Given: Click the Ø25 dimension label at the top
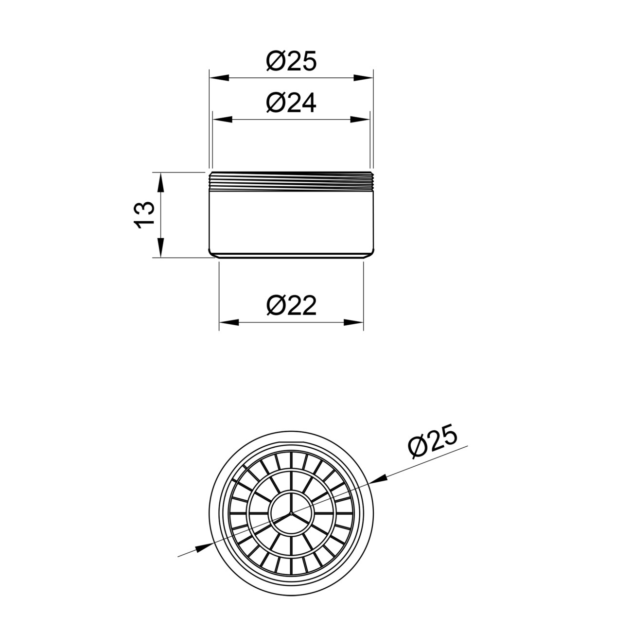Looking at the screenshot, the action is click(x=291, y=61).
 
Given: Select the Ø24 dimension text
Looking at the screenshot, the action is click(x=291, y=103).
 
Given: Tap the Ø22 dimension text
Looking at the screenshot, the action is click(x=291, y=305).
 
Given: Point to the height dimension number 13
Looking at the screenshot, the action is click(x=144, y=215).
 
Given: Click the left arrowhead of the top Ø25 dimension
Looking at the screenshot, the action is click(x=219, y=78).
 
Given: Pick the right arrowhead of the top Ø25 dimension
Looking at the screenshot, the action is click(x=364, y=78).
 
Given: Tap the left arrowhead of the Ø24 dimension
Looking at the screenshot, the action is click(x=222, y=120).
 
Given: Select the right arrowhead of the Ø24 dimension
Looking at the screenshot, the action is click(x=360, y=120).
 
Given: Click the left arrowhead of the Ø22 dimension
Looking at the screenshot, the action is click(x=229, y=322).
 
